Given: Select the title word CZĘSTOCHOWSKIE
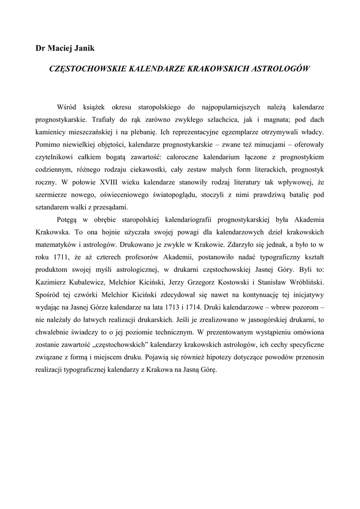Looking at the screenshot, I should (x=87, y=68).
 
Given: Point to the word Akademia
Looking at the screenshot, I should (x=306, y=220).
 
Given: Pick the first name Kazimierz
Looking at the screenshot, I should (x=53, y=282).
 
